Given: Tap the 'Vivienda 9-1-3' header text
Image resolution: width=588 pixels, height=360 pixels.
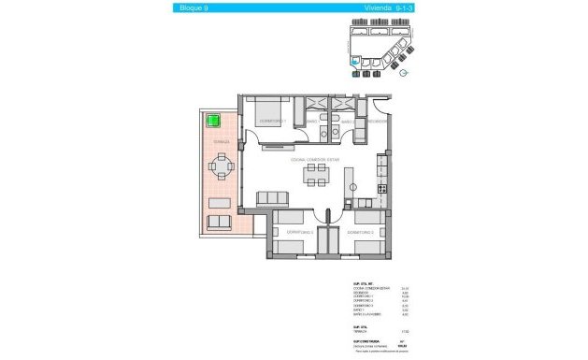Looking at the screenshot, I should pyautogui.click(x=381, y=8).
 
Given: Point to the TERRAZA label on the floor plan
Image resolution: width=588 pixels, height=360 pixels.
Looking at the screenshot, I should pyautogui.click(x=221, y=142).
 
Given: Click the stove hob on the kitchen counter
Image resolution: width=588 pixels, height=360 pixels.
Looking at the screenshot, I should pyautogui.click(x=381, y=189).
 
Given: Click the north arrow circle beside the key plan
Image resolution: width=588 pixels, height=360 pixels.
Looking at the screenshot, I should pyautogui.click(x=404, y=73).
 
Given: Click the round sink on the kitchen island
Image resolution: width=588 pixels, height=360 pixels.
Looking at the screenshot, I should pyautogui.click(x=355, y=185).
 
